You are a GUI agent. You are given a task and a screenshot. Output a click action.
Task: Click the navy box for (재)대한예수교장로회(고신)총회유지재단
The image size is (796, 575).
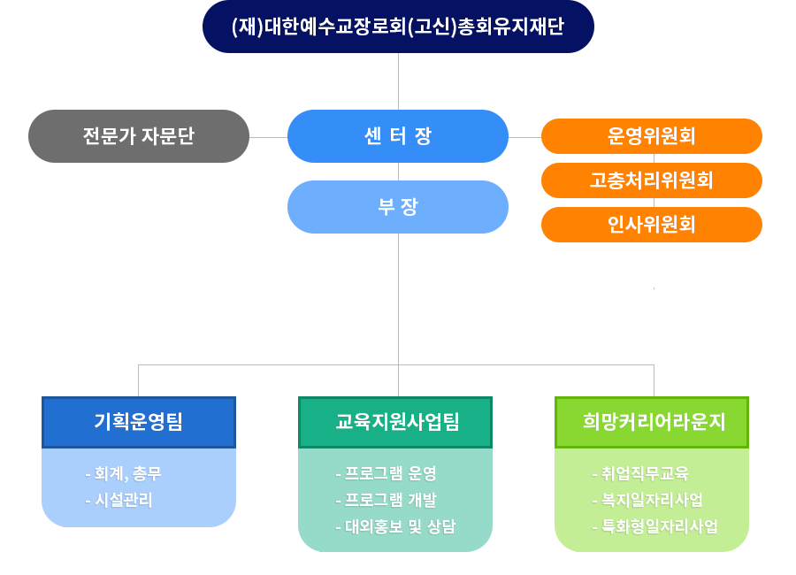tap(398, 27)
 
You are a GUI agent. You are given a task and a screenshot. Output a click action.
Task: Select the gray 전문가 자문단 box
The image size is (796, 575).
tap(139, 136)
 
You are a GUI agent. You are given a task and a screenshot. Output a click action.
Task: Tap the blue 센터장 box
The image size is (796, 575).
tap(398, 136)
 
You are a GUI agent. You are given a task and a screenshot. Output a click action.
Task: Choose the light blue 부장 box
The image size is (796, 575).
tap(398, 207)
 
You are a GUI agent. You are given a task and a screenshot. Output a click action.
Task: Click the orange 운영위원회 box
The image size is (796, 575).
tap(652, 136)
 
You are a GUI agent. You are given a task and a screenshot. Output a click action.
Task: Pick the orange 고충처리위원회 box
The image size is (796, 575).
tap(652, 180)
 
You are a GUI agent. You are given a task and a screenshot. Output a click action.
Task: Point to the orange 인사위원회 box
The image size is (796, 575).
tap(652, 225)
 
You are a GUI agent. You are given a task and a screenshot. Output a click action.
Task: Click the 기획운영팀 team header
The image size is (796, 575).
tap(139, 422)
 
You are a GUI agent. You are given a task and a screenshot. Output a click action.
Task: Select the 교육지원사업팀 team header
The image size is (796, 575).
tap(395, 422)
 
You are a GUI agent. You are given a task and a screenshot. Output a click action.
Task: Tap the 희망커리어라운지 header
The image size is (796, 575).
tap(652, 422)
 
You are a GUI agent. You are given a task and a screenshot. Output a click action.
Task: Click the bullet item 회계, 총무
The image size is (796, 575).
tap(123, 474)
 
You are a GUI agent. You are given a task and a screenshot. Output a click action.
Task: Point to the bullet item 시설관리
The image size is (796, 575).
tap(119, 501)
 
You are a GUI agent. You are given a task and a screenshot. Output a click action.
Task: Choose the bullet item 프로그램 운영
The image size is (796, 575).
tap(386, 474)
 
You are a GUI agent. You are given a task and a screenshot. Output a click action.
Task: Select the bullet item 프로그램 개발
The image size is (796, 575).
tap(386, 501)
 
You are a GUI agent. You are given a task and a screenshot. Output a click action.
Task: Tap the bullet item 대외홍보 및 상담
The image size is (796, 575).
tap(395, 526)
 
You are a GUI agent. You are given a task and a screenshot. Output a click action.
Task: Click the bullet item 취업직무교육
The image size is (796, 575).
tap(640, 474)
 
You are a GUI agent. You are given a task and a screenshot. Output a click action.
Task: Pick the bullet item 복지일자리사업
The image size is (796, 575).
tap(647, 501)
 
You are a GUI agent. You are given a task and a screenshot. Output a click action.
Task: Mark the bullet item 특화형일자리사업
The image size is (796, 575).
tap(654, 526)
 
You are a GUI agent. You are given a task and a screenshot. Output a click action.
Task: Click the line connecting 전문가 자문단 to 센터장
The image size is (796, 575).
tap(269, 137)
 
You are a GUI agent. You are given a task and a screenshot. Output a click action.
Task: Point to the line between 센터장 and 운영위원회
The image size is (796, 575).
tap(524, 137)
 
